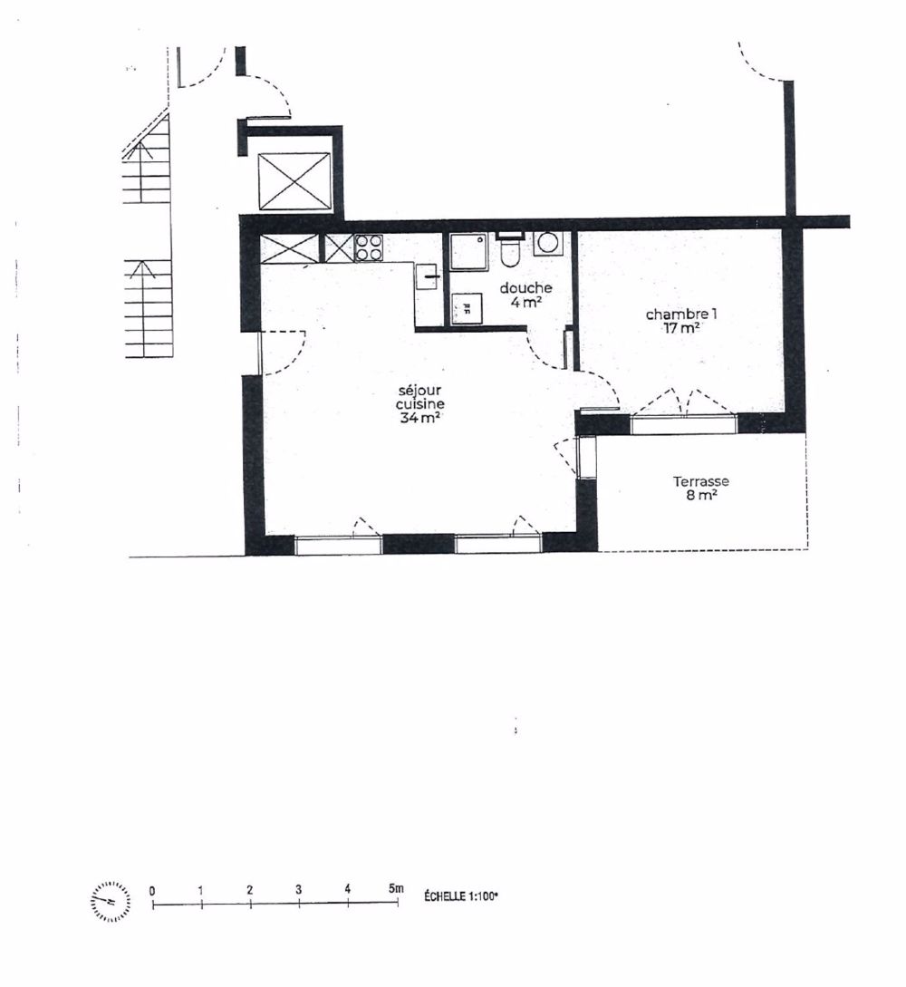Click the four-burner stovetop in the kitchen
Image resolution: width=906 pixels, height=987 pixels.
tap(369, 247)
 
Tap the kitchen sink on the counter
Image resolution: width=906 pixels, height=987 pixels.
tap(428, 275)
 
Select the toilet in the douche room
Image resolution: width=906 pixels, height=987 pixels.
tap(509, 251)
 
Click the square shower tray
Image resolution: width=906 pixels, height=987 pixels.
tap(469, 251)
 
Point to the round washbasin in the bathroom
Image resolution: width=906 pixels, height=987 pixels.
tap(548, 243)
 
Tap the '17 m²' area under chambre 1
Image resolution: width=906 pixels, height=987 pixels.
tap(680, 328)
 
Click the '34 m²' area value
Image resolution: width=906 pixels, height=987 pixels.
tap(413, 418)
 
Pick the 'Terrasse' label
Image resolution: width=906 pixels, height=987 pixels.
tap(700, 481)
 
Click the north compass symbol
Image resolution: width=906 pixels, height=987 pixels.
tap(111, 900)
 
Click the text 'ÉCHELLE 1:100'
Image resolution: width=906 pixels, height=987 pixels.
tap(461, 895)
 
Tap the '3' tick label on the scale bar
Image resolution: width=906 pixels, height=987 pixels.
tap(298, 889)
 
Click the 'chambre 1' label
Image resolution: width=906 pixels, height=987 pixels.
tap(680, 314)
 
